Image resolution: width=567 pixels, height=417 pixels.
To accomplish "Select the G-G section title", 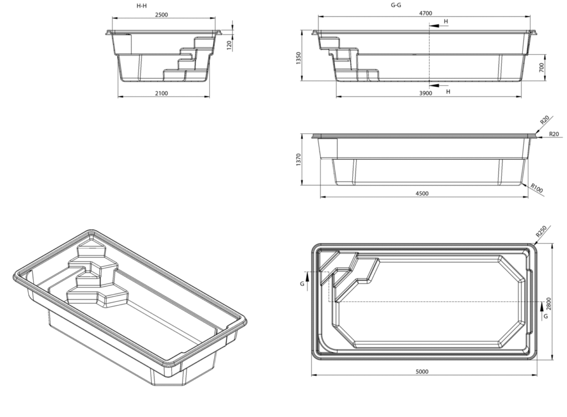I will (x=396, y=5).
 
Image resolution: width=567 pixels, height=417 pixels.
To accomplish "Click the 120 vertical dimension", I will (x=229, y=44).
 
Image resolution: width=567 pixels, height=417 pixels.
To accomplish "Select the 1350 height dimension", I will (x=298, y=59).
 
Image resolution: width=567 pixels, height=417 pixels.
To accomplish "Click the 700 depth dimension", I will (x=542, y=67).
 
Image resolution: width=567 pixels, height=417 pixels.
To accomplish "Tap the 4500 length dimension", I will (x=422, y=193).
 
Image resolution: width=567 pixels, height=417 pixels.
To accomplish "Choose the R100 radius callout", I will (x=537, y=188).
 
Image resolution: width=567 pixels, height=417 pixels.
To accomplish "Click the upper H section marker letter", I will (x=446, y=21).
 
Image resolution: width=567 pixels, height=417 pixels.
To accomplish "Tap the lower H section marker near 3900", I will (x=447, y=91).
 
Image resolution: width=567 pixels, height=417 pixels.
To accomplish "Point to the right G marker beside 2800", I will (x=546, y=316).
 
